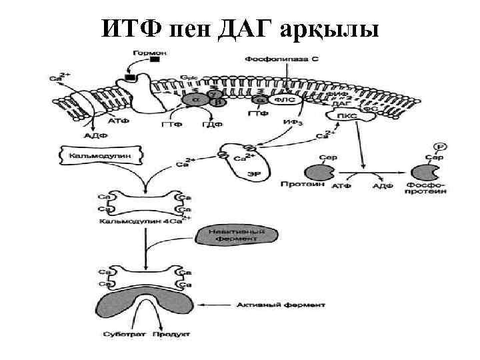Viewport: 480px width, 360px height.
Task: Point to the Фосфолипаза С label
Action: pyautogui.click(x=282, y=59)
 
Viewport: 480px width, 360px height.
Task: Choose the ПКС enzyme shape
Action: pyautogui.click(x=347, y=117)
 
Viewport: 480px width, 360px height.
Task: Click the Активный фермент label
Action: pyautogui.click(x=281, y=305)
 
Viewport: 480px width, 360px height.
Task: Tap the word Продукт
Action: pyautogui.click(x=171, y=333)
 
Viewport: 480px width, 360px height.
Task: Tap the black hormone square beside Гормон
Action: pyautogui.click(x=155, y=61)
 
